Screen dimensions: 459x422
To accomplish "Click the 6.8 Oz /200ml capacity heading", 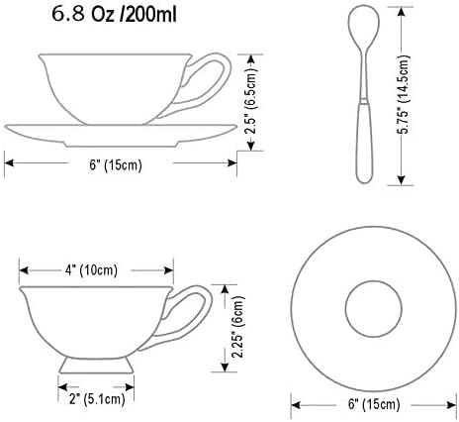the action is pos(114,15).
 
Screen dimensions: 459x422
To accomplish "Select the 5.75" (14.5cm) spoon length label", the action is pos(403,95).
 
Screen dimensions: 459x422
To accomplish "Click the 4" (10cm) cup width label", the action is pos(91,270).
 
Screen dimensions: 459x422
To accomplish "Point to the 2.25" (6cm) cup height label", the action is pos(238,327).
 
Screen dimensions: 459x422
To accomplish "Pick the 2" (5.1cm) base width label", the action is pos(97,399).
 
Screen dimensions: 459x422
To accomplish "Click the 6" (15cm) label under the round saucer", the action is pos(374,404).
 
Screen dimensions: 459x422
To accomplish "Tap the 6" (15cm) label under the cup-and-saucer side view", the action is pos(116,164).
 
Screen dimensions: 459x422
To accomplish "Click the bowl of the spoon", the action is pos(364,25).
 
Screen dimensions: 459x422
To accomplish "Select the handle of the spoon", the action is pos(365,142).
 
